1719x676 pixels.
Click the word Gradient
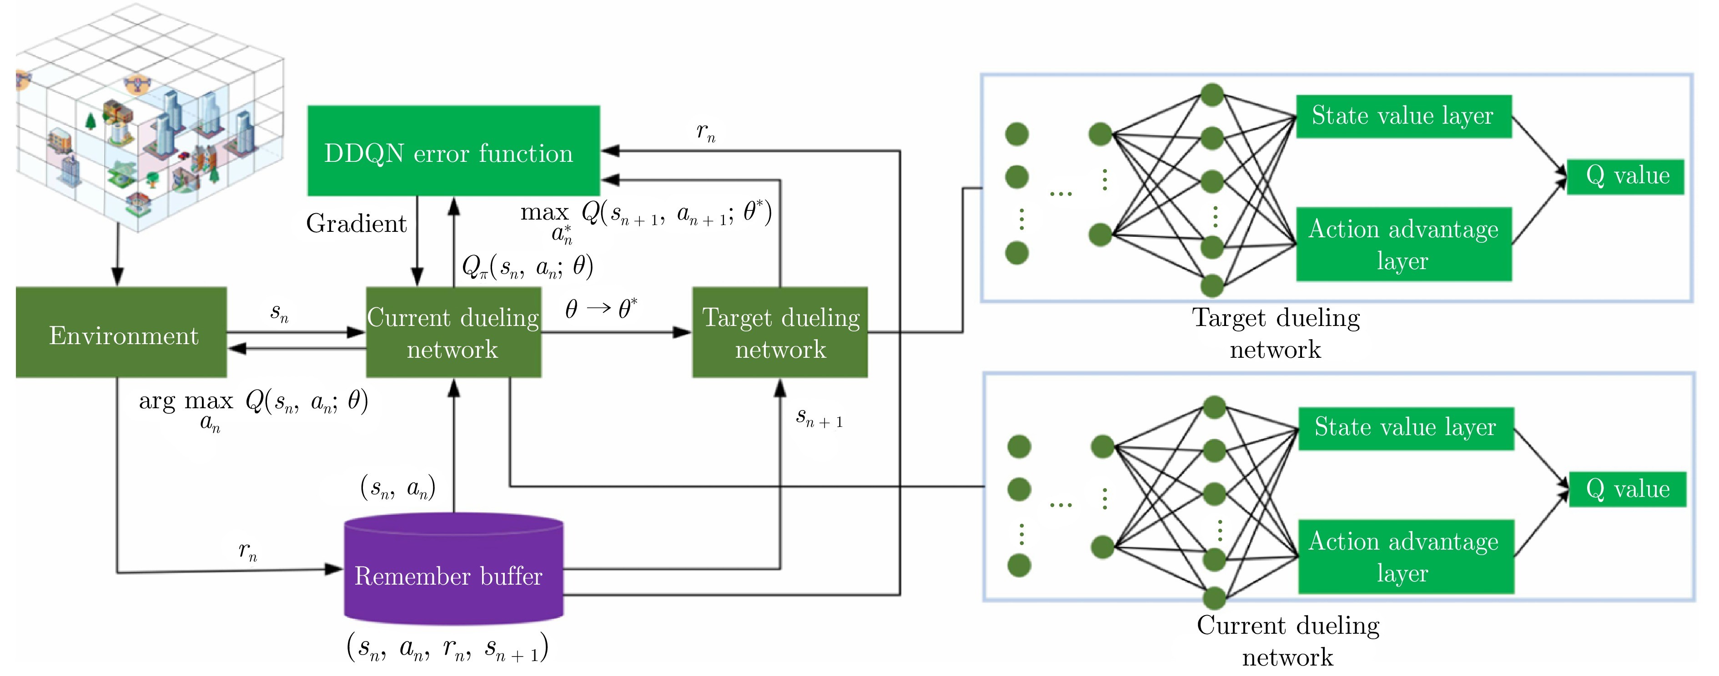[357, 224]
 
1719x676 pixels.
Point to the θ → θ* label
[601, 308]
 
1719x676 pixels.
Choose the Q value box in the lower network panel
[1627, 489]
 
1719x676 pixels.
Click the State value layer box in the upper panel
[1402, 116]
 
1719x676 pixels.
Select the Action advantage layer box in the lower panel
[1405, 556]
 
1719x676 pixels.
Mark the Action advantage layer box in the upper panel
[1402, 244]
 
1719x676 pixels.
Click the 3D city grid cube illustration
[150, 117]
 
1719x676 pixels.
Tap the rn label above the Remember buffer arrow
[247, 551]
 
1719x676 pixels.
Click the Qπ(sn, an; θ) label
[527, 267]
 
